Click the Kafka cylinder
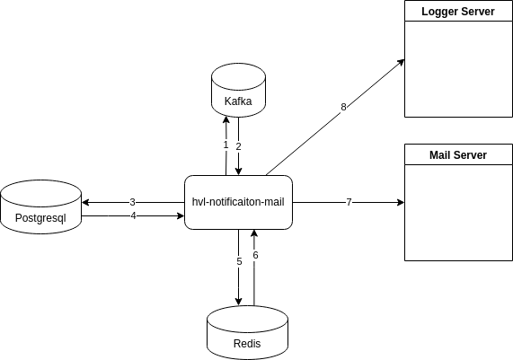click(238, 91)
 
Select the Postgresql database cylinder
click(41, 206)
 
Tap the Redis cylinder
click(248, 332)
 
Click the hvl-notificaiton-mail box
click(238, 202)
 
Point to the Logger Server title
click(458, 12)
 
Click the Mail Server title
click(458, 155)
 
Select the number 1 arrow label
click(226, 145)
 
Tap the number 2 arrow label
click(238, 146)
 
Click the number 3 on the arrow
click(132, 202)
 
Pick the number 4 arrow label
click(133, 215)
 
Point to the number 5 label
click(239, 261)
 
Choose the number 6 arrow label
click(255, 255)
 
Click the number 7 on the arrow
click(349, 202)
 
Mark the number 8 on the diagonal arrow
click(343, 107)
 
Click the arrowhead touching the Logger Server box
click(401, 63)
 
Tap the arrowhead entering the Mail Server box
click(401, 202)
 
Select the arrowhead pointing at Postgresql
click(85, 202)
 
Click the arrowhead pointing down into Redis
click(238, 302)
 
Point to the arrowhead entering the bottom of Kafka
click(226, 120)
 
